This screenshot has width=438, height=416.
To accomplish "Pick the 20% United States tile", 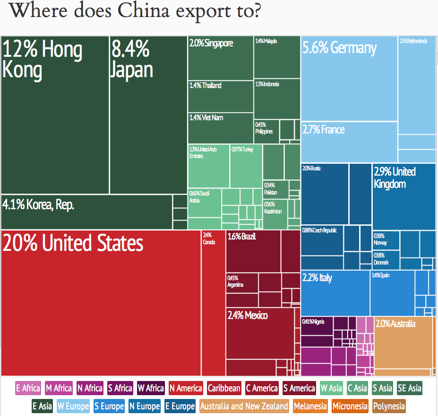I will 101,303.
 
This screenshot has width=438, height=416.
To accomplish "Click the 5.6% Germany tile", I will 349,78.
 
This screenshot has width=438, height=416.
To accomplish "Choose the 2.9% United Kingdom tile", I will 404,196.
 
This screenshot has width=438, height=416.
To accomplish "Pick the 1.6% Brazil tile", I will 253,251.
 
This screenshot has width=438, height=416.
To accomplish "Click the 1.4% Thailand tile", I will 220,96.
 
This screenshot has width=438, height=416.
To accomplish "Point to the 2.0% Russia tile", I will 325,194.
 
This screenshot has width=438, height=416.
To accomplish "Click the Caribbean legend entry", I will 224,389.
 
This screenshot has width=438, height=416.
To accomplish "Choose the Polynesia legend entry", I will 389,406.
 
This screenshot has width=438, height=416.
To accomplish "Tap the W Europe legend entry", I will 73,406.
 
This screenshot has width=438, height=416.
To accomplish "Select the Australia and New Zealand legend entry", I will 244,406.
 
